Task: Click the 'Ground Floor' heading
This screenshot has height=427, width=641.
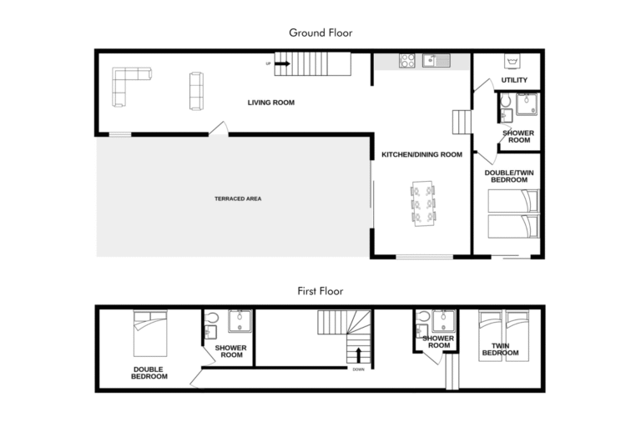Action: point(320,33)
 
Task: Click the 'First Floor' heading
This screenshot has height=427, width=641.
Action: point(320,291)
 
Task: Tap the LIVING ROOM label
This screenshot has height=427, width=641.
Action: point(271,103)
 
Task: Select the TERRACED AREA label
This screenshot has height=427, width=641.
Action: point(238,198)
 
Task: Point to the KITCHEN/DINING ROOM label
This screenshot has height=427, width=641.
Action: point(421,154)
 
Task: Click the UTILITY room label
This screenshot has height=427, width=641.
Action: point(514,80)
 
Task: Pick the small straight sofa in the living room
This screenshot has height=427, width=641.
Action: point(196,91)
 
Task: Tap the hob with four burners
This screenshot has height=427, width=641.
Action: point(406,61)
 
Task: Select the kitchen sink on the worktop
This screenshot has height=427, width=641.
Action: point(437,61)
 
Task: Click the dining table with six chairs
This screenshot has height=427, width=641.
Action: point(422,203)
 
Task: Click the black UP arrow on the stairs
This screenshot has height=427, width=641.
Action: point(282,63)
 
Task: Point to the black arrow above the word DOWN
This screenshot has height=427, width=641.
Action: point(359,355)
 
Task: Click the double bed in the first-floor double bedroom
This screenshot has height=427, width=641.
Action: point(150,334)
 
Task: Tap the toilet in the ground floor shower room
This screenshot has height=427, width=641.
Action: point(505,101)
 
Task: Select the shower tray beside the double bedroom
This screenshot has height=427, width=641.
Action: point(240,321)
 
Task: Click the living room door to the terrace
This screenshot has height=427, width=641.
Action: point(219,128)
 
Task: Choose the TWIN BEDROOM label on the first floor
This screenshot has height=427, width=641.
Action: point(501,349)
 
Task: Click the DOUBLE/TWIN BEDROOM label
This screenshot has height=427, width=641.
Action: point(509,176)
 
